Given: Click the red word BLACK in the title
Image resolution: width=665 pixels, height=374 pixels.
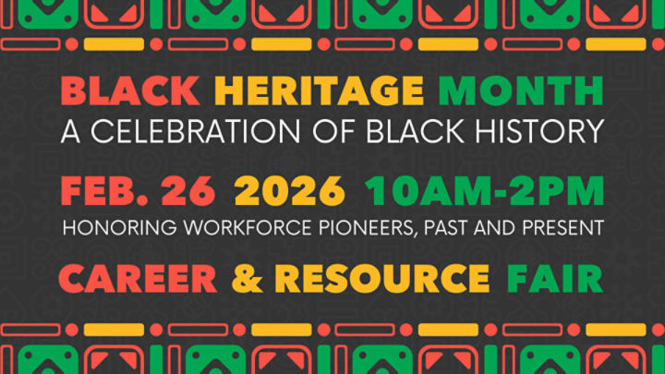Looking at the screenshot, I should [x=130, y=90].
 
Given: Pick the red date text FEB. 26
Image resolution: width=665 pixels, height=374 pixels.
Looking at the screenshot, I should [x=138, y=191].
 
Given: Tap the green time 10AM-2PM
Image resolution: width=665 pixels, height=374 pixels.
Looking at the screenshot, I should [x=484, y=191].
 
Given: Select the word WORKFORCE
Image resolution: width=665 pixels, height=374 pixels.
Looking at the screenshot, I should [x=214, y=226].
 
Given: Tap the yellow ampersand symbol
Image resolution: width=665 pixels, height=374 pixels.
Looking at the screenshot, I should [x=247, y=277].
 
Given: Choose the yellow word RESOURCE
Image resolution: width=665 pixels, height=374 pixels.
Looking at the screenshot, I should [x=381, y=277].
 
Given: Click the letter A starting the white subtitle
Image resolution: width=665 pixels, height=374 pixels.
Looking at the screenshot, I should [x=70, y=131].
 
